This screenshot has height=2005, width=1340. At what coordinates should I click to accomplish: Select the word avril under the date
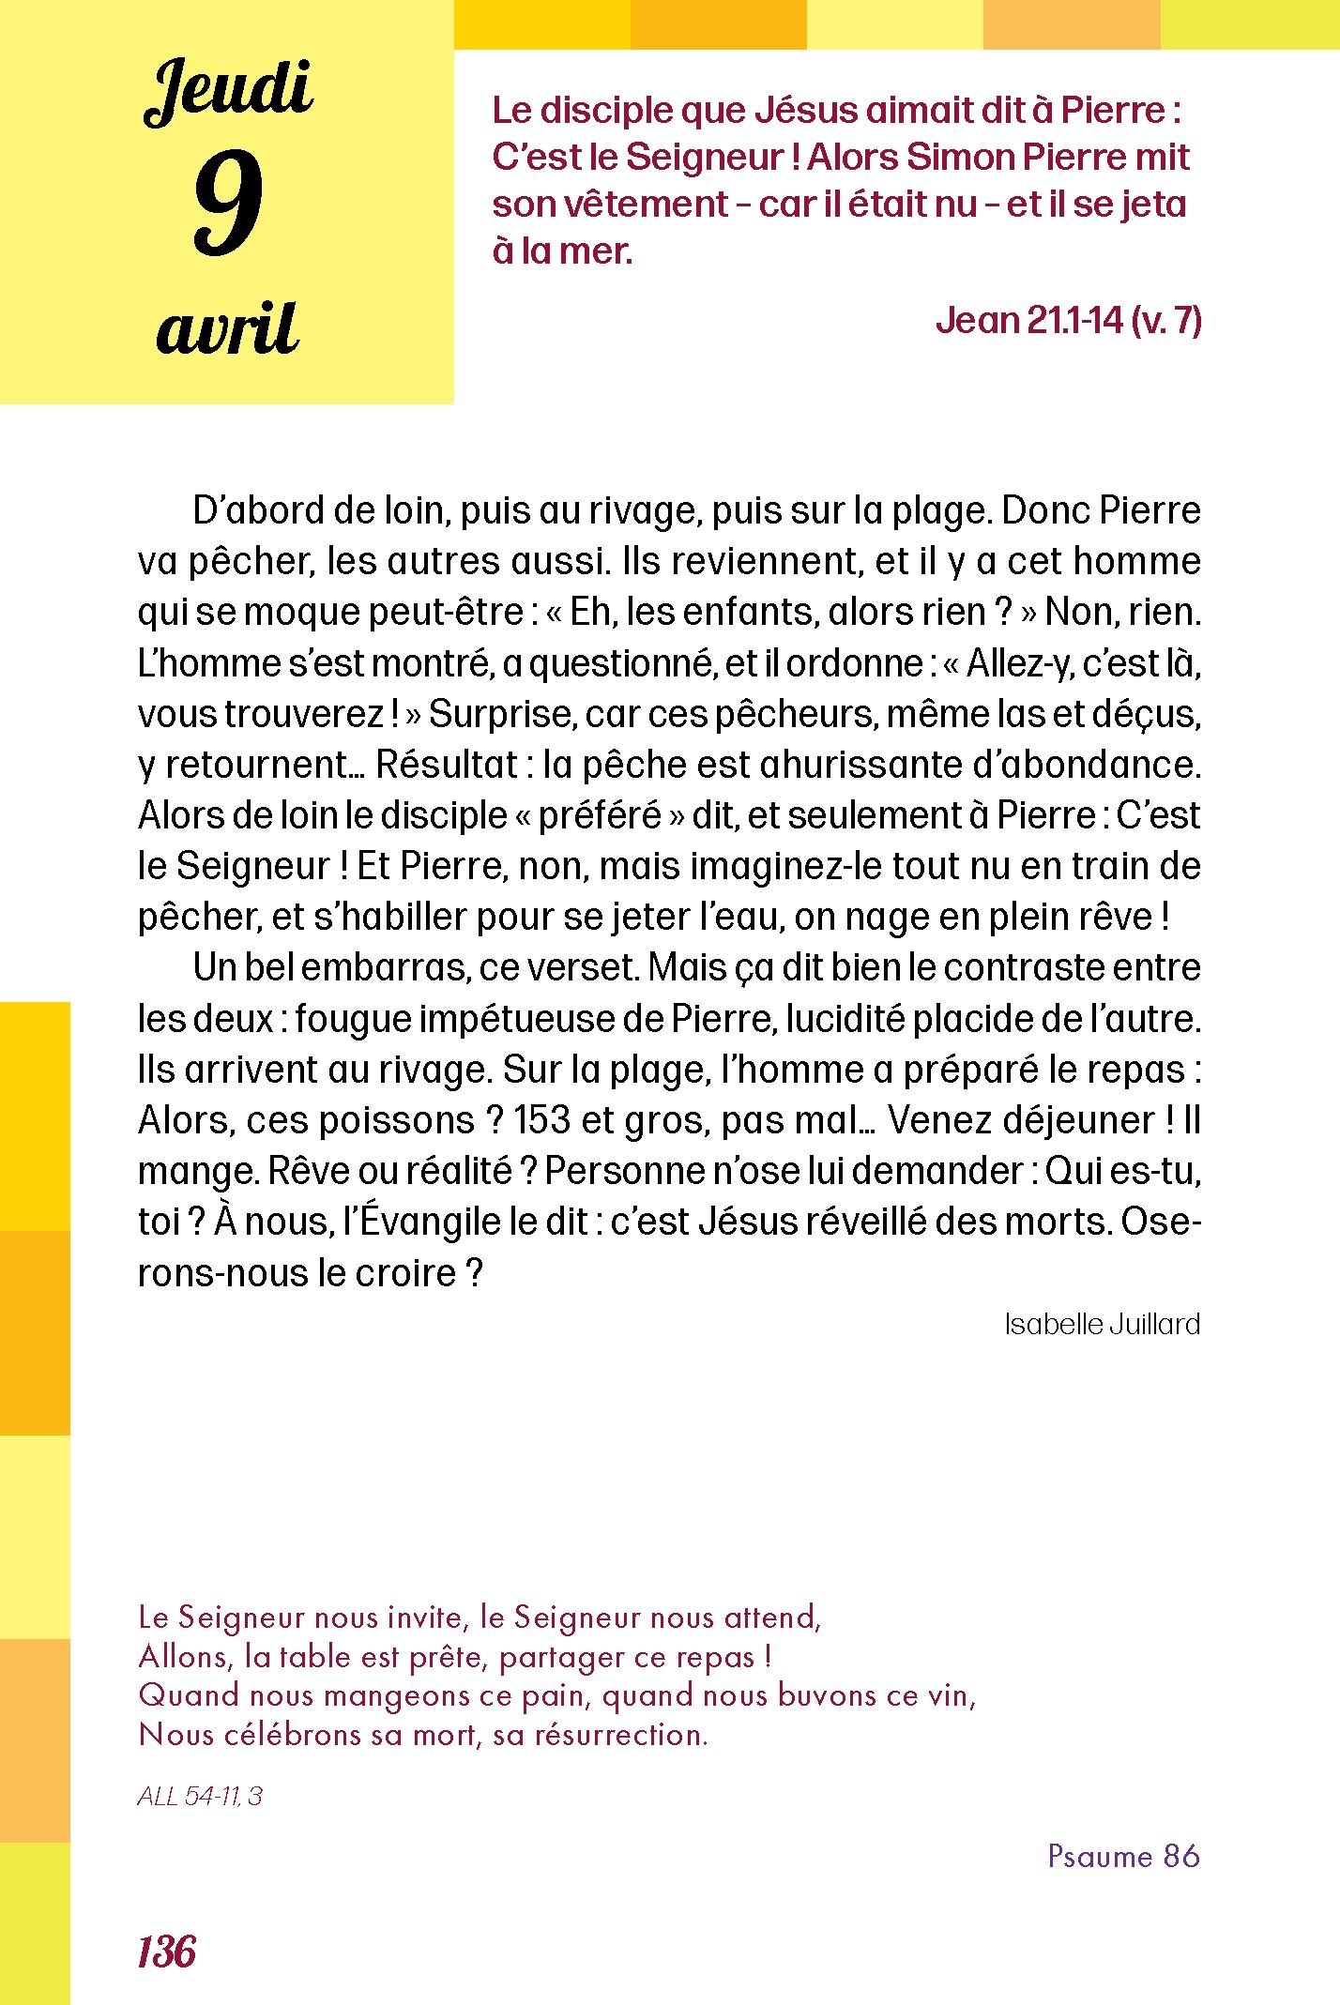pos(228,329)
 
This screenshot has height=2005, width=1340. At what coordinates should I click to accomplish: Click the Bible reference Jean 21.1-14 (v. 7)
pos(1068,321)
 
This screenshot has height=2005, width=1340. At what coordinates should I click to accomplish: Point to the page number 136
pos(167,1952)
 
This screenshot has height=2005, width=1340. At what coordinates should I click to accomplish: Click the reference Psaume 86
pos(1123,1856)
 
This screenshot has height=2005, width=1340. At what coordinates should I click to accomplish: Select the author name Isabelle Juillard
pos(1102,1324)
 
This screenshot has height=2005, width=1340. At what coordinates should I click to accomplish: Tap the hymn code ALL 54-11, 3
pos(200,1796)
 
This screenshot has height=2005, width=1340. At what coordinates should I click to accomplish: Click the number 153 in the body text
pos(541,1120)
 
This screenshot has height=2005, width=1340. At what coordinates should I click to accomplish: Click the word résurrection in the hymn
pos(621,1735)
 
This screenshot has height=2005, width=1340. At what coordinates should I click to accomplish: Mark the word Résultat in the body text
pos(447,765)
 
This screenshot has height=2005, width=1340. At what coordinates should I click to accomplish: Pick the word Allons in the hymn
pos(184,1657)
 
